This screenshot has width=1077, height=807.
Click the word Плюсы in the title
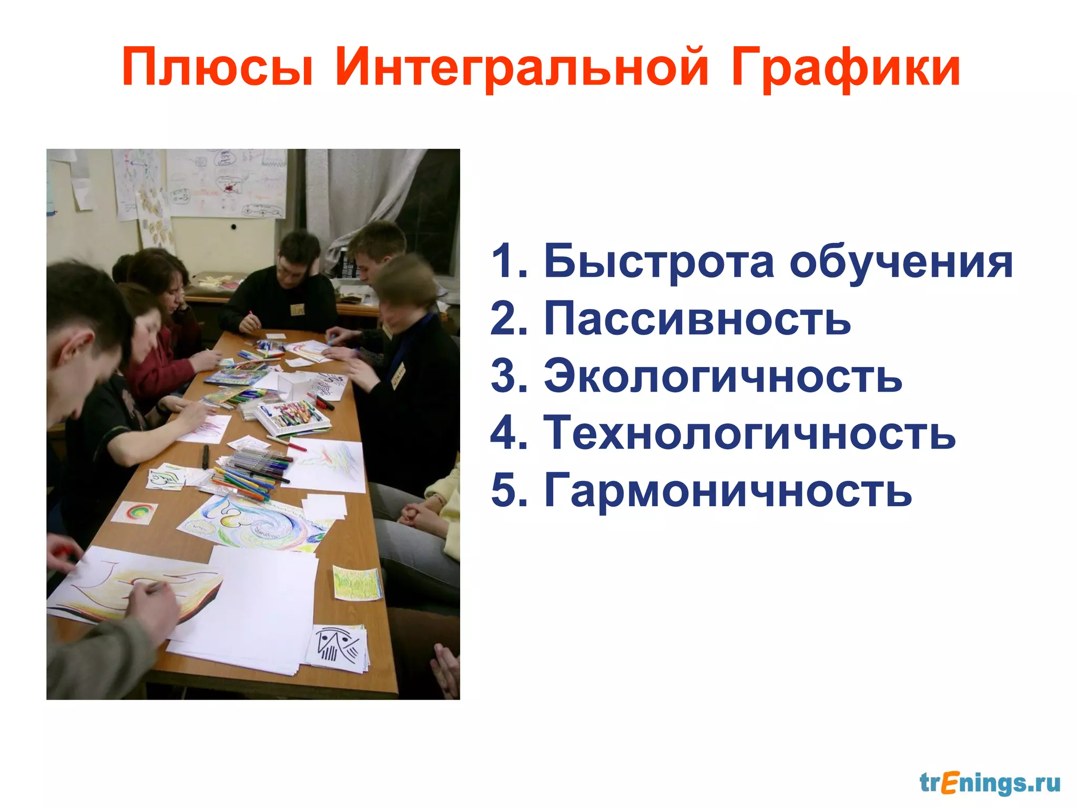(217, 68)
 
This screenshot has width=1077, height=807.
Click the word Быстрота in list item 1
(658, 261)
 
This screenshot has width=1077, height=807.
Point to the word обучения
(900, 261)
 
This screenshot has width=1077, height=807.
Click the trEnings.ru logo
(989, 783)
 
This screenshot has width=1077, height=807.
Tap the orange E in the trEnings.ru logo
(949, 783)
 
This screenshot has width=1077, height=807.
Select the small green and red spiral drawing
(135, 512)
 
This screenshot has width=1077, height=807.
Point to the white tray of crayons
(292, 417)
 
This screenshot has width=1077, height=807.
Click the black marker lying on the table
(206, 456)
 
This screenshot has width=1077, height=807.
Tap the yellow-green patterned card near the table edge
(357, 583)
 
